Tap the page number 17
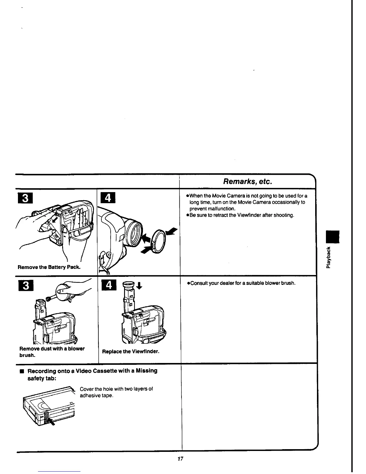(x=180, y=459)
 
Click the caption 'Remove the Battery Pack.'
(x=49, y=267)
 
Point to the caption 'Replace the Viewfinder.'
(x=131, y=352)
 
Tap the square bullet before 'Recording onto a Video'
(x=21, y=372)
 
